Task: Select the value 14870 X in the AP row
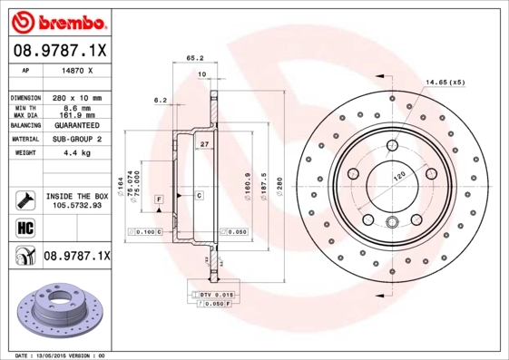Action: point(74,70)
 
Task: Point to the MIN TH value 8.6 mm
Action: point(73,108)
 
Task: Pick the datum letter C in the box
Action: point(198,196)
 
